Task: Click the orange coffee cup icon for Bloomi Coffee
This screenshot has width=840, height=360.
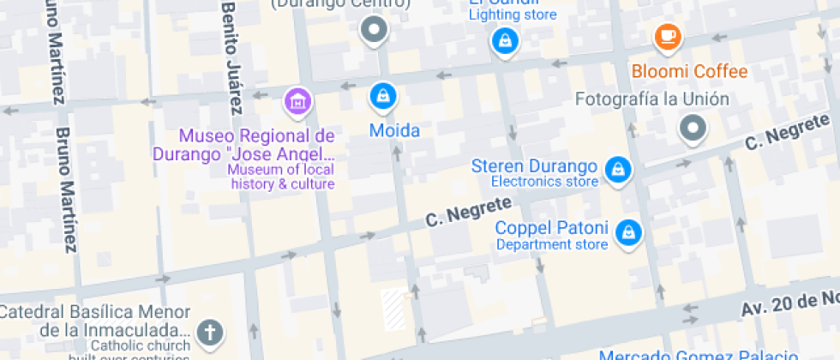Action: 667,37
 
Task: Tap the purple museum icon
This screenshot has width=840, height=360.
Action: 297,100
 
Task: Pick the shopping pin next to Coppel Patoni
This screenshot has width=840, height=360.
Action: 629,231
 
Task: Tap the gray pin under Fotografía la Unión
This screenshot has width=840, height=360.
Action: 691,129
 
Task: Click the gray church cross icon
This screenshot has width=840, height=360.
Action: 208,332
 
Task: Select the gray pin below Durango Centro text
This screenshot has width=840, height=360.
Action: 374,32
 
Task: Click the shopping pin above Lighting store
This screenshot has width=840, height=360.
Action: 504,39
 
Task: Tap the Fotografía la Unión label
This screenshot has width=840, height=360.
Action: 651,99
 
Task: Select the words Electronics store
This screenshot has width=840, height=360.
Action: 544,182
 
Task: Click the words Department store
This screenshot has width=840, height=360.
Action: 552,245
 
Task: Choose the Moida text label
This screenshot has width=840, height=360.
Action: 394,131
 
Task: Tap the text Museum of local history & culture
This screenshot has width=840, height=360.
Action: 281,177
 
